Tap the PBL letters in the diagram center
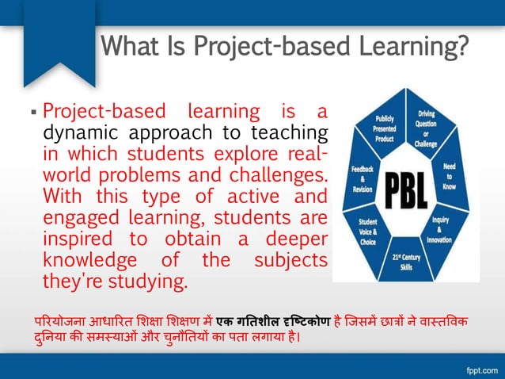[x=405, y=191]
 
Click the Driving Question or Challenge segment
[x=427, y=126]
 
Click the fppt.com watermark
[x=479, y=368]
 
